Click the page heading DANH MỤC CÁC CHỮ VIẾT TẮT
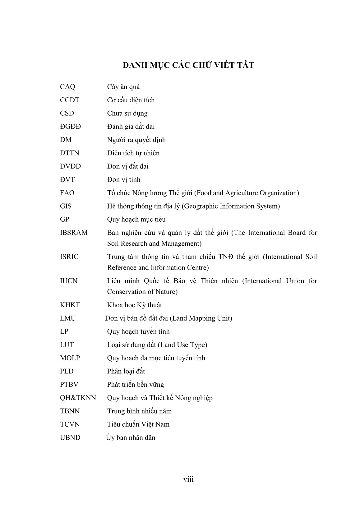click(x=188, y=65)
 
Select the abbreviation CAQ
click(x=67, y=87)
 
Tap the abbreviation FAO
click(x=67, y=193)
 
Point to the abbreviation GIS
click(x=66, y=206)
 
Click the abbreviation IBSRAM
click(x=74, y=233)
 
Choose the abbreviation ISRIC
click(x=69, y=257)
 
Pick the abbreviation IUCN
click(x=68, y=281)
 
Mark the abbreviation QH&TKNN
click(x=78, y=398)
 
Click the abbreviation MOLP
click(x=70, y=358)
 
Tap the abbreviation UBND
click(x=70, y=438)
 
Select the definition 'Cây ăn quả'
click(x=123, y=87)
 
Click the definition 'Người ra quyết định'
click(x=136, y=140)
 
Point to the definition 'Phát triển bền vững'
click(x=135, y=385)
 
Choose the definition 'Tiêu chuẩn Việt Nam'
click(x=138, y=424)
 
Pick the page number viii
click(x=188, y=479)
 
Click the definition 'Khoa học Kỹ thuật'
click(x=134, y=305)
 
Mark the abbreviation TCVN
click(x=70, y=424)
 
